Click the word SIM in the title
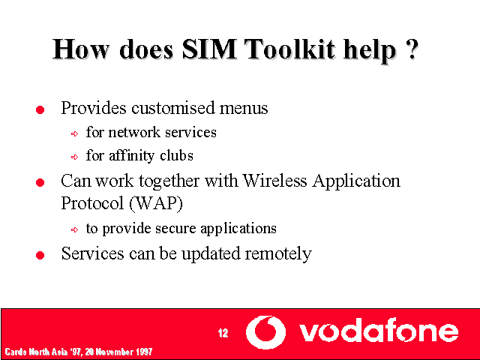pyautogui.click(x=209, y=49)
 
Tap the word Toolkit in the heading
pyautogui.click(x=290, y=49)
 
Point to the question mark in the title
pyautogui.click(x=412, y=49)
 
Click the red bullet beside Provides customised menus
pyautogui.click(x=40, y=109)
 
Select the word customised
pyautogui.click(x=173, y=108)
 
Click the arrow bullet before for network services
pyautogui.click(x=74, y=133)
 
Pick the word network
pyautogui.click(x=134, y=132)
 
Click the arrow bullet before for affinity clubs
pyautogui.click(x=74, y=157)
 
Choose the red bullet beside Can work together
pyautogui.click(x=40, y=182)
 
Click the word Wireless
pyautogui.click(x=274, y=180)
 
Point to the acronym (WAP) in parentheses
pyautogui.click(x=156, y=203)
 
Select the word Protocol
pyautogui.click(x=92, y=203)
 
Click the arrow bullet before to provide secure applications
pyautogui.click(x=74, y=229)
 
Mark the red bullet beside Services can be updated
pyautogui.click(x=40, y=255)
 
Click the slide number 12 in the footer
pyautogui.click(x=223, y=333)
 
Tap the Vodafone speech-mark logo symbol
pyautogui.click(x=265, y=332)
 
